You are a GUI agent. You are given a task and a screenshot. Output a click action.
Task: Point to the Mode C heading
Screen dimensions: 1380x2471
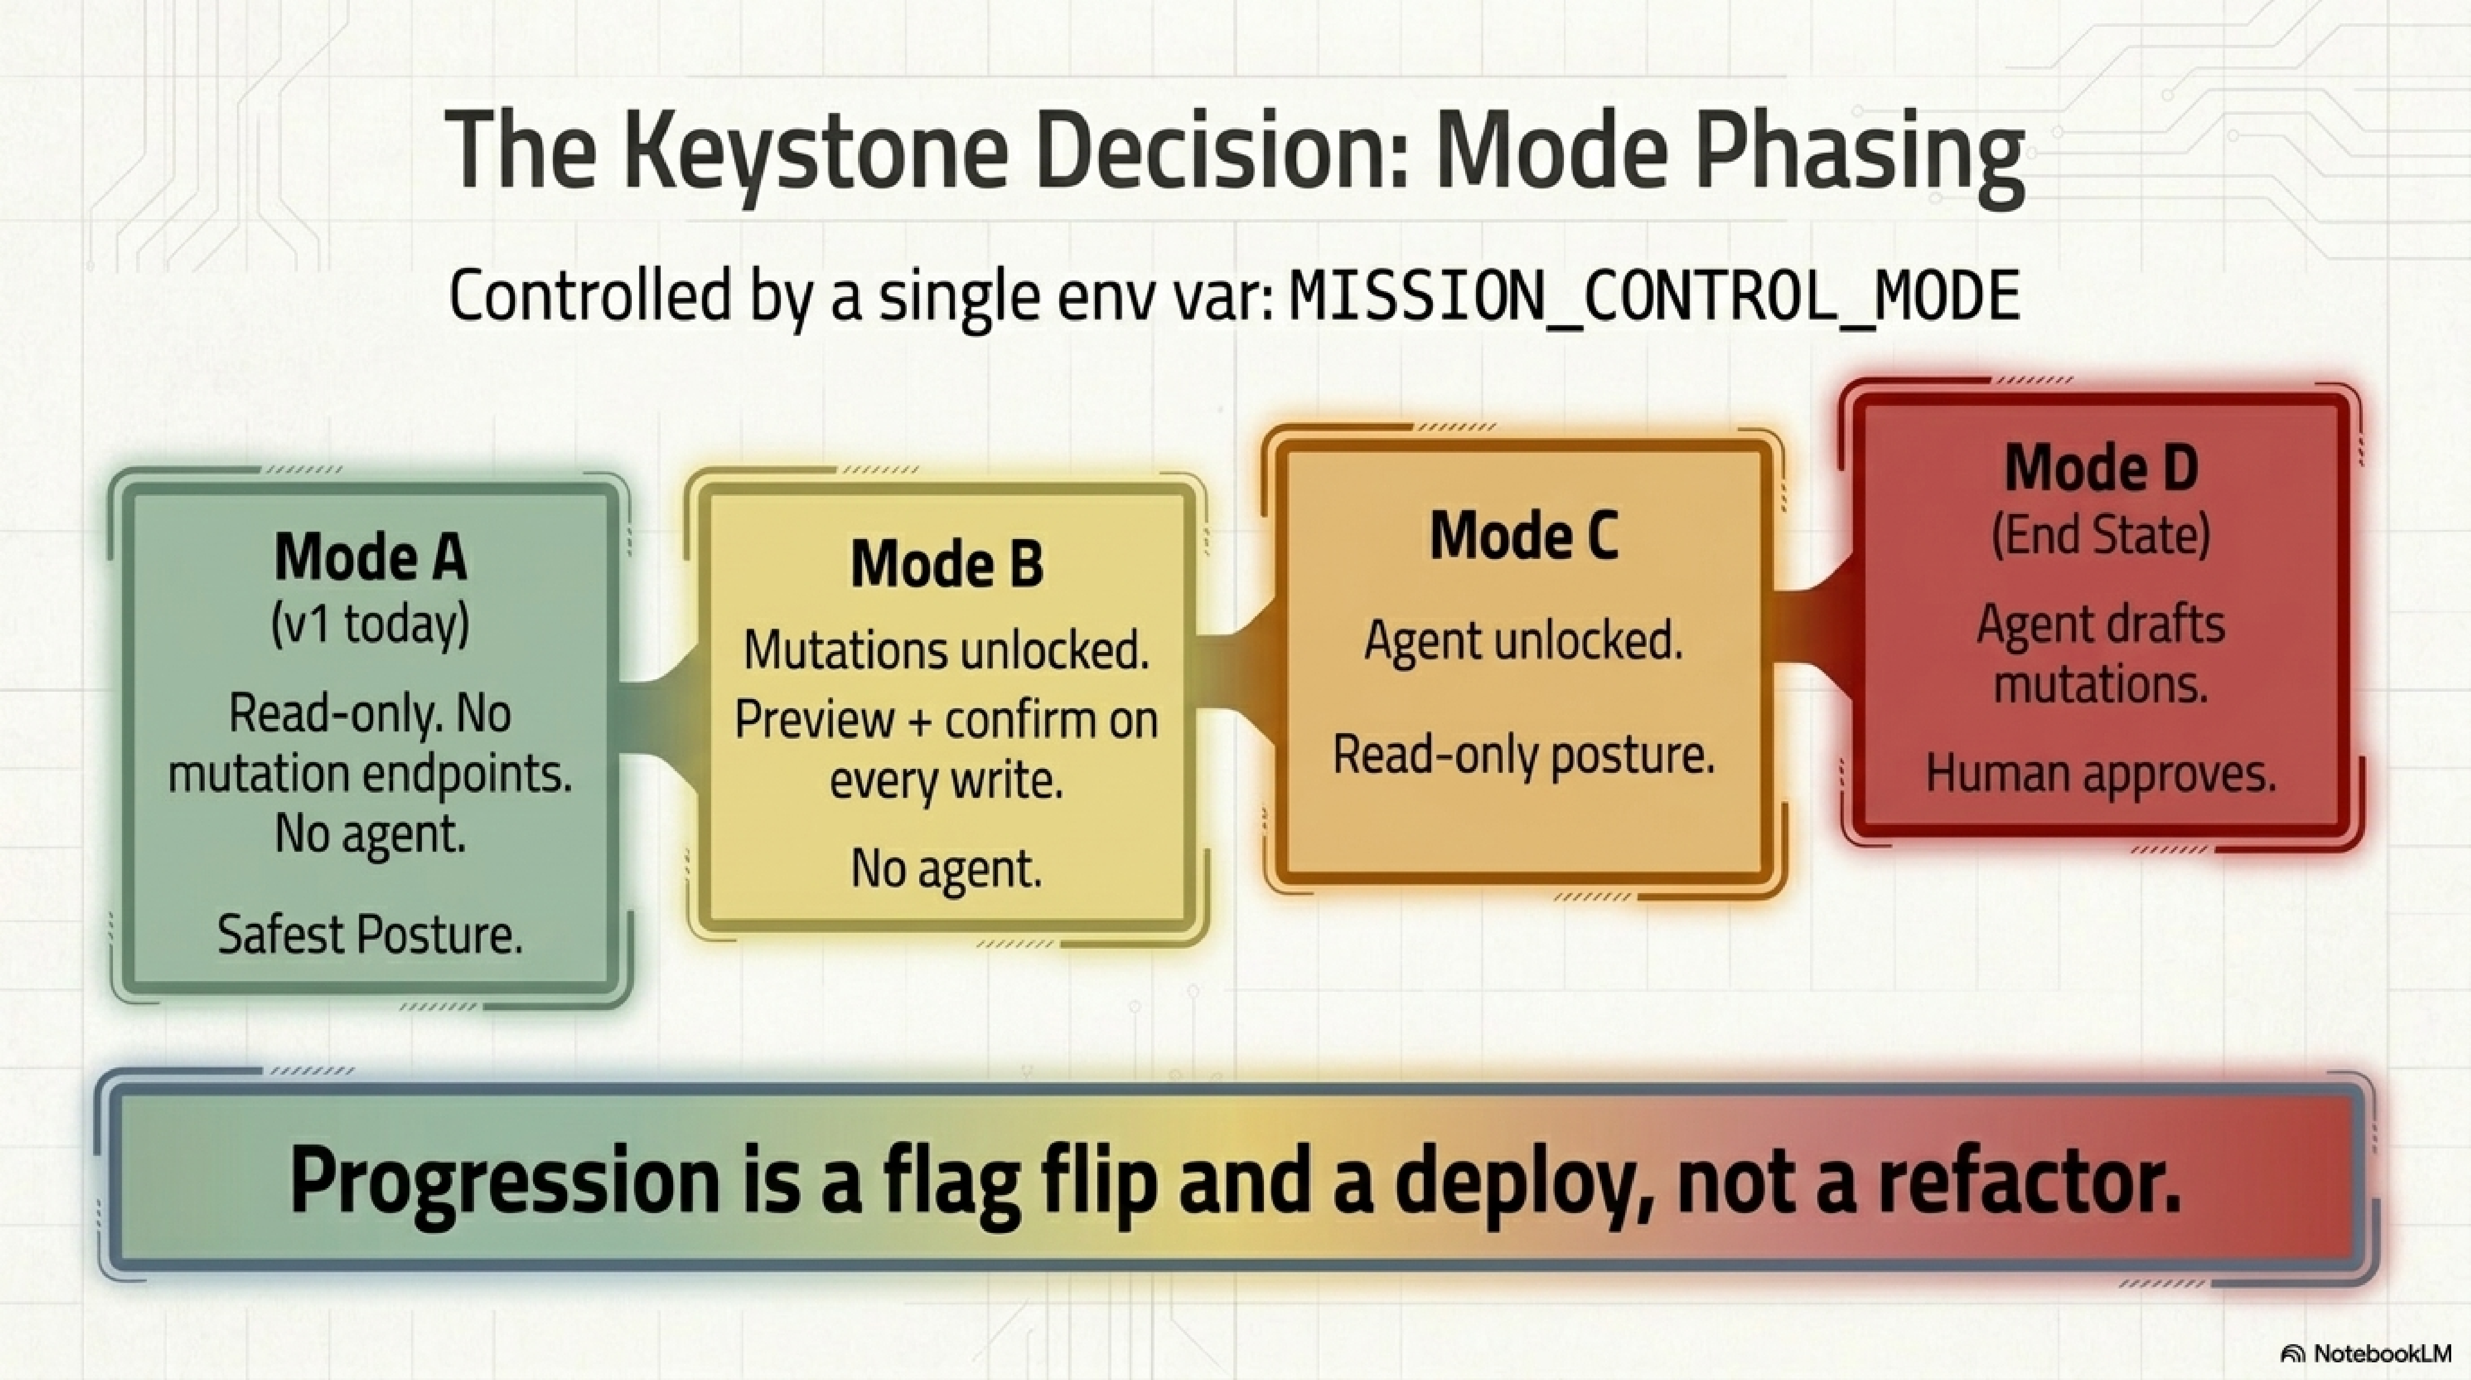click(x=1523, y=536)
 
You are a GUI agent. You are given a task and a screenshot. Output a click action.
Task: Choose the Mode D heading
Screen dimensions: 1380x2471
click(x=2101, y=468)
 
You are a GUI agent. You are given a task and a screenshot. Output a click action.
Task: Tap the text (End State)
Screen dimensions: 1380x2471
click(x=2101, y=534)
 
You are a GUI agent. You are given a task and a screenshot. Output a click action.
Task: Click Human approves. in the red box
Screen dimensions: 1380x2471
click(x=2101, y=774)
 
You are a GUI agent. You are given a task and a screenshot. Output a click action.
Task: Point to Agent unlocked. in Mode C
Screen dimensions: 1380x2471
click(x=1523, y=640)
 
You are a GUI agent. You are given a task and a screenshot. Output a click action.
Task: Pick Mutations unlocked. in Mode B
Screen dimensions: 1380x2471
click(x=947, y=651)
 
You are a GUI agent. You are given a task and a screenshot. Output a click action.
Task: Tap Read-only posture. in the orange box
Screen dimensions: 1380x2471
click(x=1523, y=755)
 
